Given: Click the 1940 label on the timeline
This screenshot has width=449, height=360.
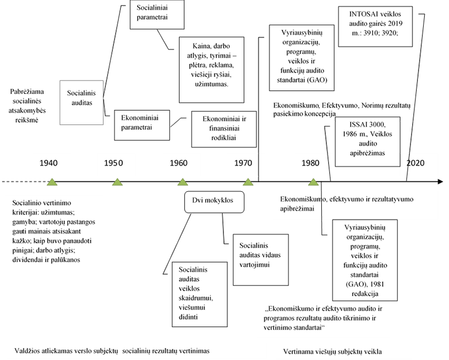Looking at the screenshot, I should click(x=48, y=163).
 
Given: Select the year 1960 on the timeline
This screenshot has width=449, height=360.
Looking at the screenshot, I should click(x=178, y=163).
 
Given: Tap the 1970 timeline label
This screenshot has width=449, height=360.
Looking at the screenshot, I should click(x=243, y=163).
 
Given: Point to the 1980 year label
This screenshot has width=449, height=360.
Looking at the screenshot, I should click(x=310, y=163).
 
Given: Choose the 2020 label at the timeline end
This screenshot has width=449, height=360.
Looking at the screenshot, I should click(x=415, y=163).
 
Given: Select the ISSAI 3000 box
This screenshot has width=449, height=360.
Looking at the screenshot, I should click(x=366, y=139).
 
